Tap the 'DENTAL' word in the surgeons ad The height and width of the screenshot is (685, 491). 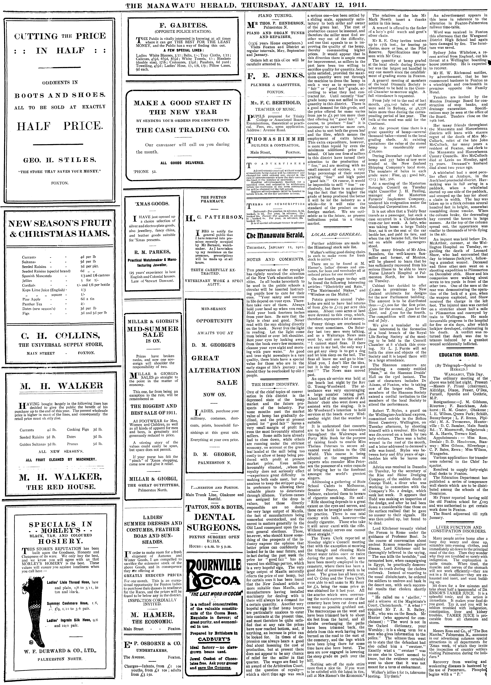pos(214,517)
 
